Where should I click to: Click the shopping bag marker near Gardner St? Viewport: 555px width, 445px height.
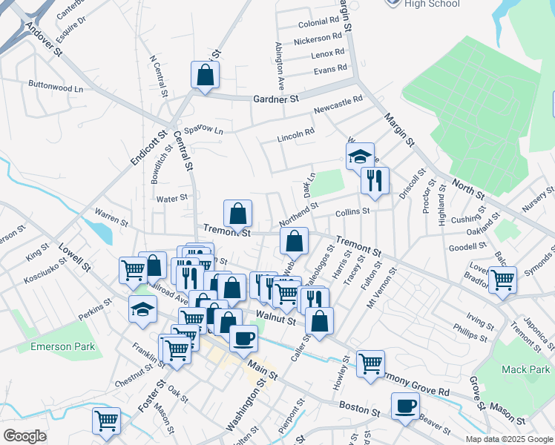coord(205,75)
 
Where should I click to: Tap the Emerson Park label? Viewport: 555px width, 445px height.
coord(63,346)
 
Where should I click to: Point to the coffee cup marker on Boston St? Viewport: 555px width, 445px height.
coord(405,406)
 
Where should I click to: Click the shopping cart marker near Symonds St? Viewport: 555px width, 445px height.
coord(502,280)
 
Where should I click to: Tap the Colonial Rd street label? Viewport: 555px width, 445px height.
coord(318,24)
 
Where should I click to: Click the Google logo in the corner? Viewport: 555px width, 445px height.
coord(24,436)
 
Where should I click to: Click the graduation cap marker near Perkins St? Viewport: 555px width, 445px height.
coord(142,309)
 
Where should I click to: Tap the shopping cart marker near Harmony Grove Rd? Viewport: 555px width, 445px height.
coord(370,364)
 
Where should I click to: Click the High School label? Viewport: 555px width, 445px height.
coord(432,4)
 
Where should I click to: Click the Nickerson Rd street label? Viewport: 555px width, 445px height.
coord(321,38)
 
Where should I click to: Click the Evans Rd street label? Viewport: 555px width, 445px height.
coord(330,69)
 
